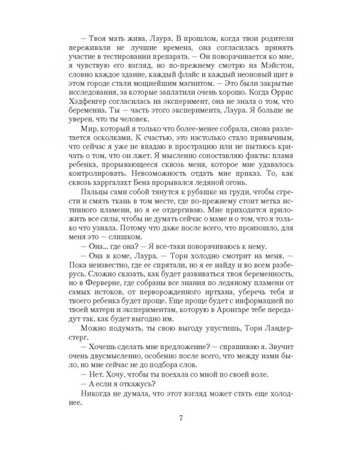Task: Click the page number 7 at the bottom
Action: coord(180,418)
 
